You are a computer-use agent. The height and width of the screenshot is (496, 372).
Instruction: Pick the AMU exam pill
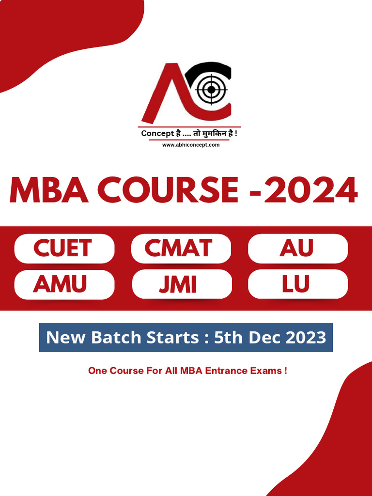pyautogui.click(x=64, y=284)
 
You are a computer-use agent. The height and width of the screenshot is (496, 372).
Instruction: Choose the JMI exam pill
pyautogui.click(x=181, y=285)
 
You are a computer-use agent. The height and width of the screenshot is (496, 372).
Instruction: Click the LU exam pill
pyautogui.click(x=297, y=284)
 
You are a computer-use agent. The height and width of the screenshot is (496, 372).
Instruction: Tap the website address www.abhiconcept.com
pyautogui.click(x=191, y=145)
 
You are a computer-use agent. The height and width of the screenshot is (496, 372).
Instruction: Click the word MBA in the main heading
pyautogui.click(x=48, y=190)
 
